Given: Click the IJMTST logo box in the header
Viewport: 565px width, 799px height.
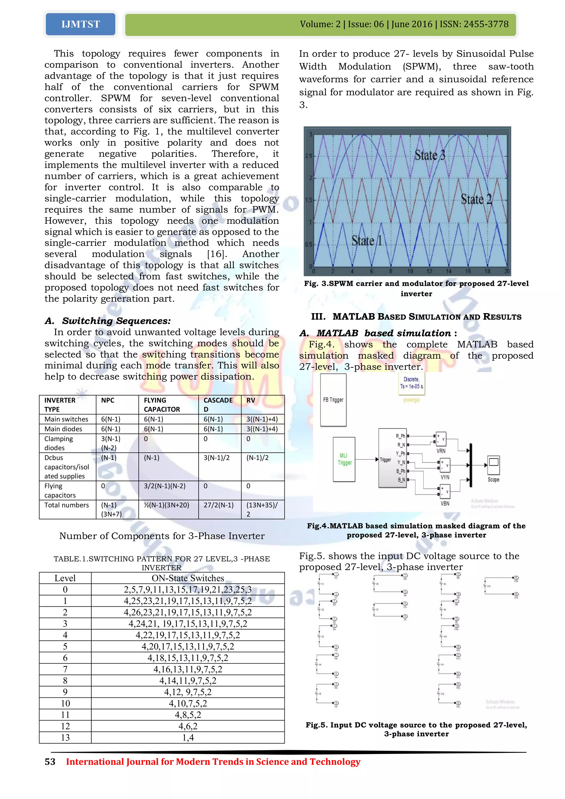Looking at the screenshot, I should pyautogui.click(x=80, y=24).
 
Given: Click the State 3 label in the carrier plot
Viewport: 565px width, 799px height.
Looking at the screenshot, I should pyautogui.click(x=430, y=155).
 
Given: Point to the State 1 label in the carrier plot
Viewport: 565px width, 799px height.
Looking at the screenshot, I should pyautogui.click(x=367, y=241).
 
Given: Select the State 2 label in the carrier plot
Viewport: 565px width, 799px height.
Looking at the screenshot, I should pyautogui.click(x=476, y=199).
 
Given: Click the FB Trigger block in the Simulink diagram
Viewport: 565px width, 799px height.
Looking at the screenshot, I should pyautogui.click(x=333, y=400).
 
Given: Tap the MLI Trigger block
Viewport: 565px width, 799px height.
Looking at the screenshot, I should pyautogui.click(x=344, y=459).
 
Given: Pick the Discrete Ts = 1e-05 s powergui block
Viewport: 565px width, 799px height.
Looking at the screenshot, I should pyautogui.click(x=412, y=383).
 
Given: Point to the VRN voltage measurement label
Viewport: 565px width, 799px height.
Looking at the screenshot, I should pyautogui.click(x=441, y=451).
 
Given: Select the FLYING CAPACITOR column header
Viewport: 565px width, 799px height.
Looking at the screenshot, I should pyautogui.click(x=162, y=405).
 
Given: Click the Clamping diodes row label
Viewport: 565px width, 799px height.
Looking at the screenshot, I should pyautogui.click(x=58, y=443).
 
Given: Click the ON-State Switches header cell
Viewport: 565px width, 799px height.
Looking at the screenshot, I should pyautogui.click(x=188, y=578).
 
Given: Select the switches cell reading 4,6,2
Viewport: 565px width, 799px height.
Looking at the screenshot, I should pyautogui.click(x=188, y=726).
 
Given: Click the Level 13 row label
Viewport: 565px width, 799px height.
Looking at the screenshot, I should pyautogui.click(x=65, y=738).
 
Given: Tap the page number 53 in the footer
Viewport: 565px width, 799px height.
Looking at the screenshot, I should pyautogui.click(x=50, y=762).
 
